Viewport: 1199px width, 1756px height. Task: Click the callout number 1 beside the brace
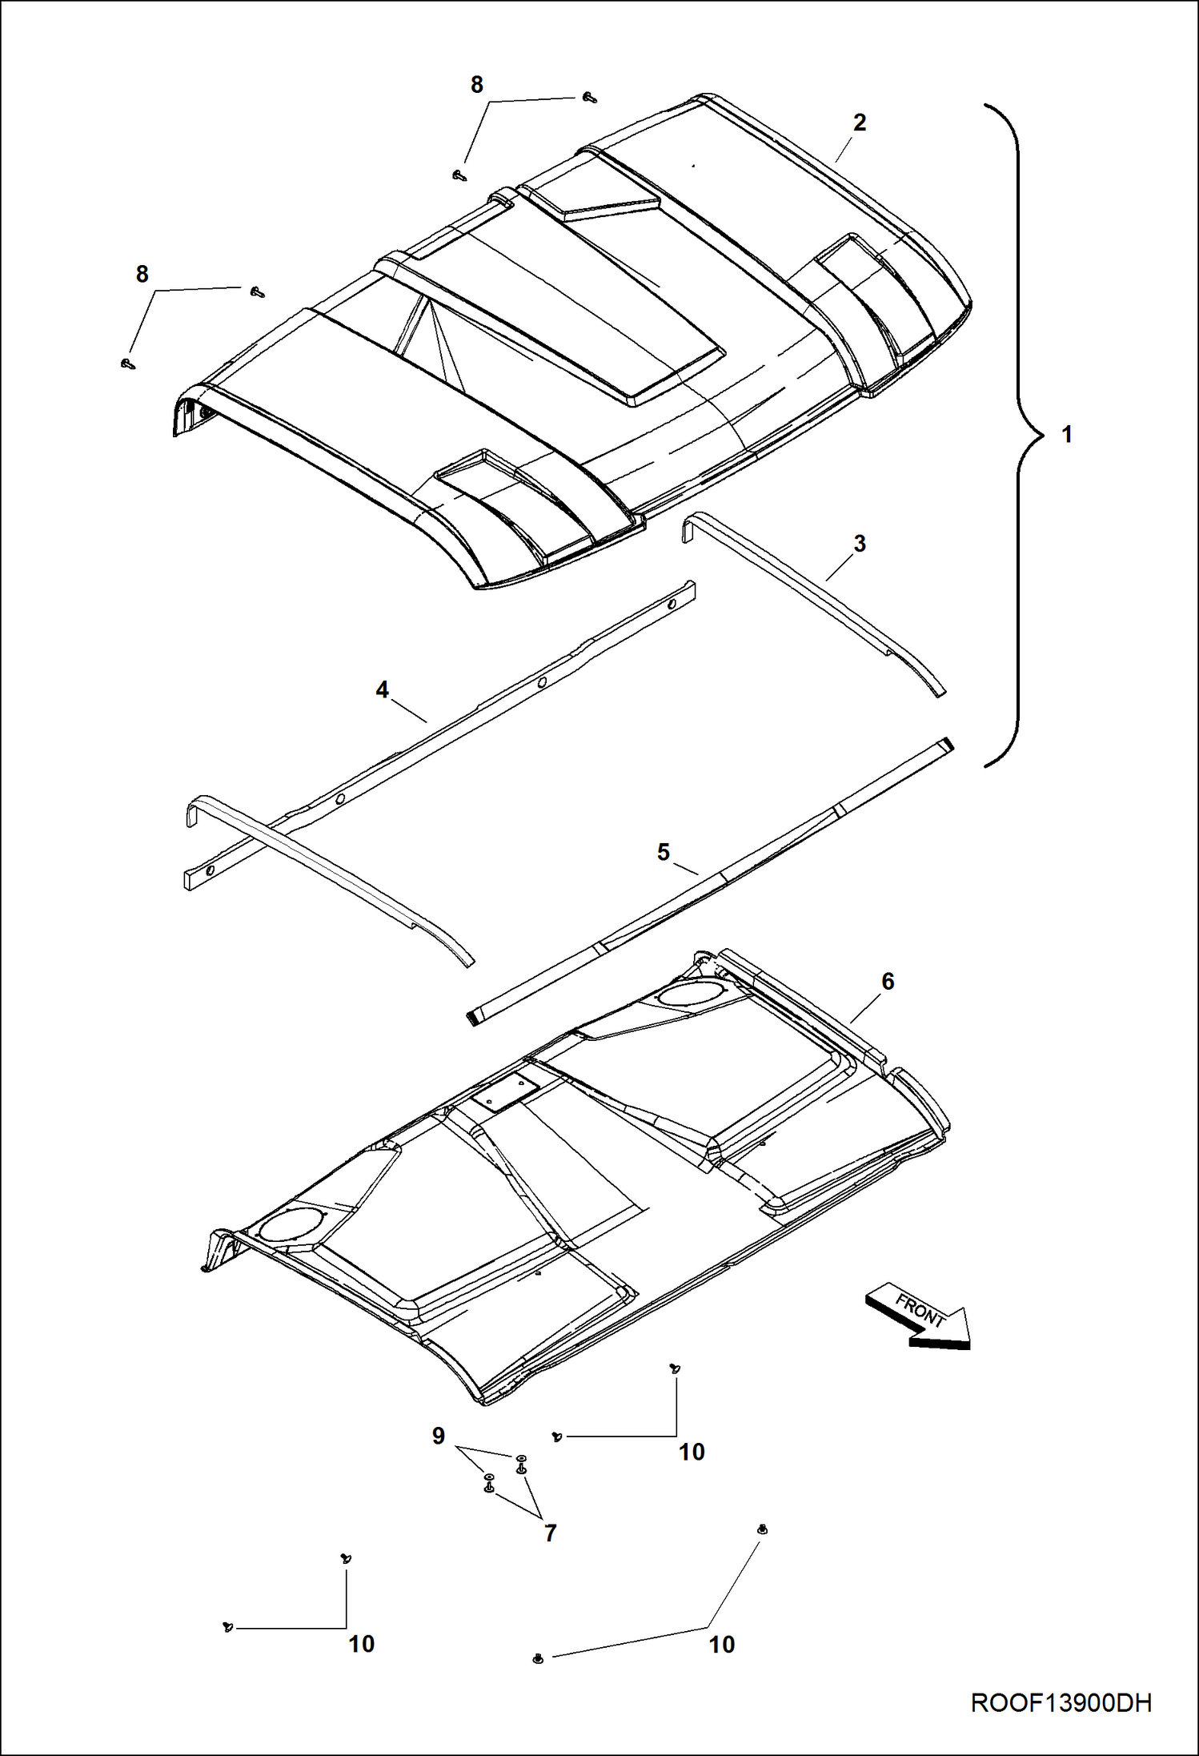[x=1066, y=435]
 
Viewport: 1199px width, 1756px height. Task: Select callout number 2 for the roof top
[x=860, y=123]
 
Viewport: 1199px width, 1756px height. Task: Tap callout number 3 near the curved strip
[x=860, y=544]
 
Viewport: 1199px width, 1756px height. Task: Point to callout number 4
[x=382, y=689]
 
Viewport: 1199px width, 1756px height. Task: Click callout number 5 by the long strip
[x=663, y=852]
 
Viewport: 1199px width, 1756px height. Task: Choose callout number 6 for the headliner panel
[x=888, y=981]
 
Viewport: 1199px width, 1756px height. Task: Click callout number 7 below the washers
[x=550, y=1533]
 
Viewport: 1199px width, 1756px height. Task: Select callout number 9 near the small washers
[x=439, y=1436]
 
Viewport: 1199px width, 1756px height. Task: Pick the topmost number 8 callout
[x=476, y=85]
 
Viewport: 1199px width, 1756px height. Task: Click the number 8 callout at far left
[x=142, y=275]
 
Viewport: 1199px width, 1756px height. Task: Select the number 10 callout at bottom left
[x=361, y=1644]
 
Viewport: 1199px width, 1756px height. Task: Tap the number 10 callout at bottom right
[x=721, y=1645]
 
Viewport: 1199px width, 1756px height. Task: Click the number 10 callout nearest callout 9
[x=692, y=1452]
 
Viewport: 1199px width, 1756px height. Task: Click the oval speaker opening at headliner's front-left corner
[x=293, y=1227]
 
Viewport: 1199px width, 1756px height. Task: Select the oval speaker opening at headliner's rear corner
[x=690, y=994]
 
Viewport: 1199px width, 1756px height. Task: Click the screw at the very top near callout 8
[x=590, y=97]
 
